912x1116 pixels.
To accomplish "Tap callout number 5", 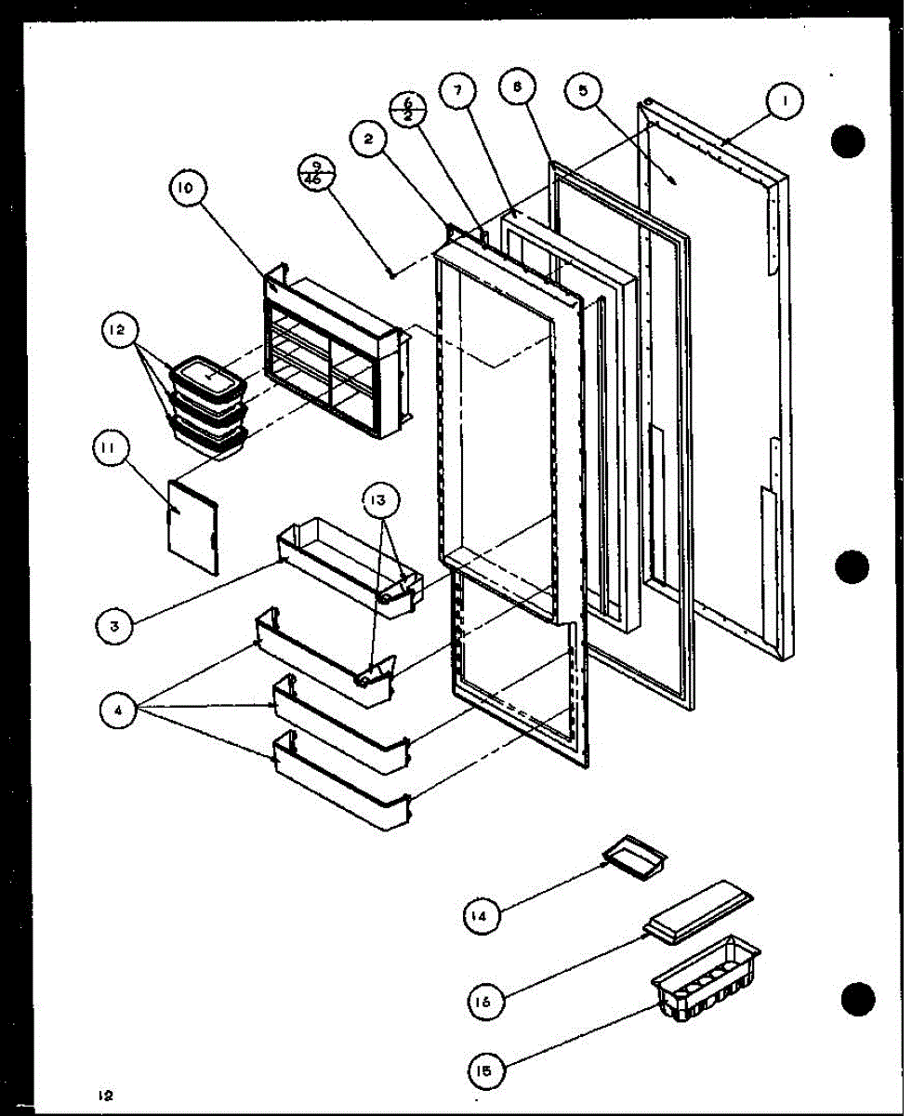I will tap(583, 91).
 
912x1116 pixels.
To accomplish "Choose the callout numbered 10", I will tap(186, 189).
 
